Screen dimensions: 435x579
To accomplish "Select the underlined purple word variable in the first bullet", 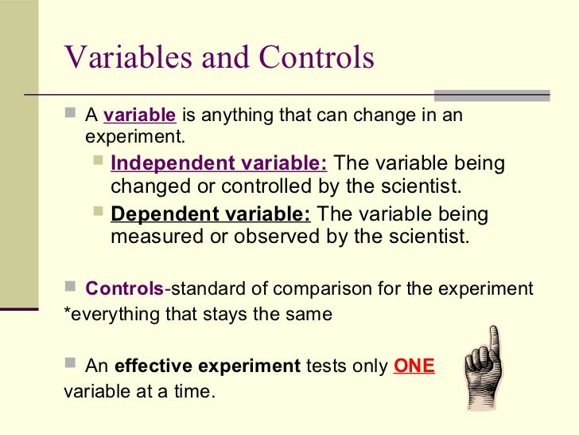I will pyautogui.click(x=139, y=116).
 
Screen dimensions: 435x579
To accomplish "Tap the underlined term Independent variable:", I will pyautogui.click(x=219, y=164).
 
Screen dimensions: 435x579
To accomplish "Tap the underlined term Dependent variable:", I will pyautogui.click(x=211, y=215).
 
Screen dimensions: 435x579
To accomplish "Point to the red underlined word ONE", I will pyautogui.click(x=414, y=367).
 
